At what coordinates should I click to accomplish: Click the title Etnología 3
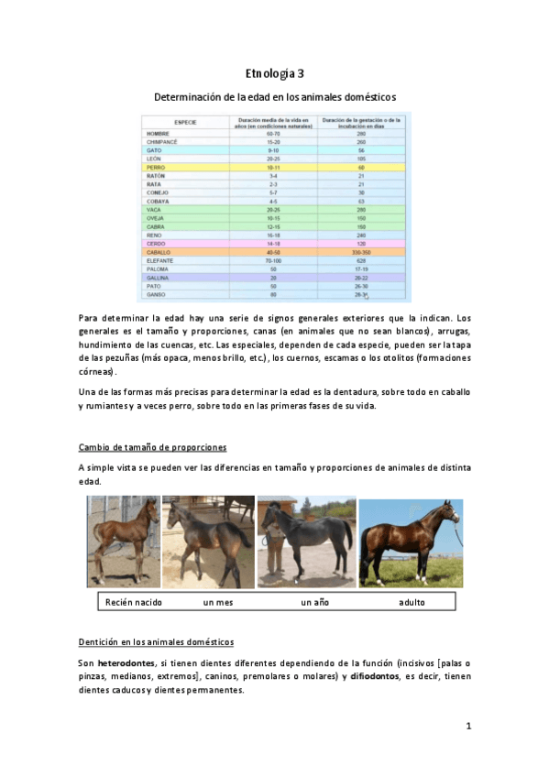(x=274, y=72)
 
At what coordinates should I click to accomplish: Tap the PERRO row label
(x=155, y=169)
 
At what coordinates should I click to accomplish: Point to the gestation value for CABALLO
(x=361, y=251)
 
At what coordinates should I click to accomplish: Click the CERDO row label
(x=155, y=243)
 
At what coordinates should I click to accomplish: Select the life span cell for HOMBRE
(x=272, y=134)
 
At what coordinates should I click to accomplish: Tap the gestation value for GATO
(x=361, y=151)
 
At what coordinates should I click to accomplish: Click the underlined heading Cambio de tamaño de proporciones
(x=152, y=447)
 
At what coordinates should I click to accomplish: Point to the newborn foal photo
(x=123, y=543)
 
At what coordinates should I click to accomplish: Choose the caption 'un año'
(x=314, y=603)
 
